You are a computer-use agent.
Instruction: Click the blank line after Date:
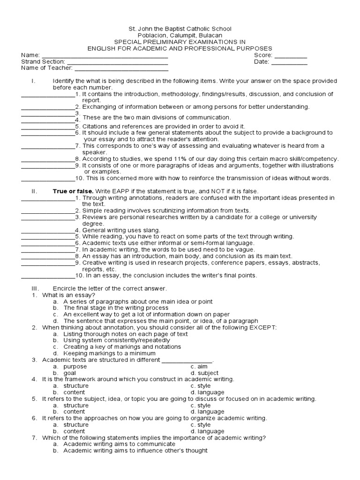click(x=289, y=62)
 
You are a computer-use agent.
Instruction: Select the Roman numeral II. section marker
click(x=34, y=191)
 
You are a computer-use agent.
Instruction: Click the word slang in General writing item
click(x=152, y=230)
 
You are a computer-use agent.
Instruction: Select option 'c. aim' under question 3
click(x=199, y=367)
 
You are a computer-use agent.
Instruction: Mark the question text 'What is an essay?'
click(x=68, y=295)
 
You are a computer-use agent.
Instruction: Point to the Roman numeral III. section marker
click(x=36, y=288)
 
